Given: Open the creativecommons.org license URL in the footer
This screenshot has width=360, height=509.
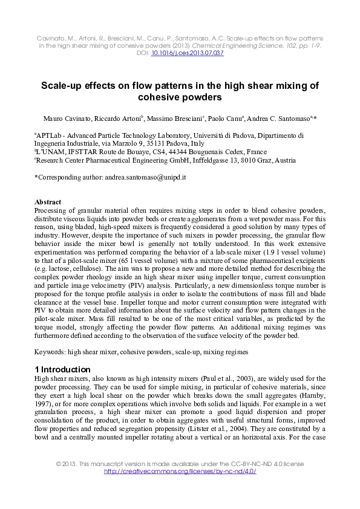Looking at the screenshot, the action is pyautogui.click(x=180, y=472).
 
